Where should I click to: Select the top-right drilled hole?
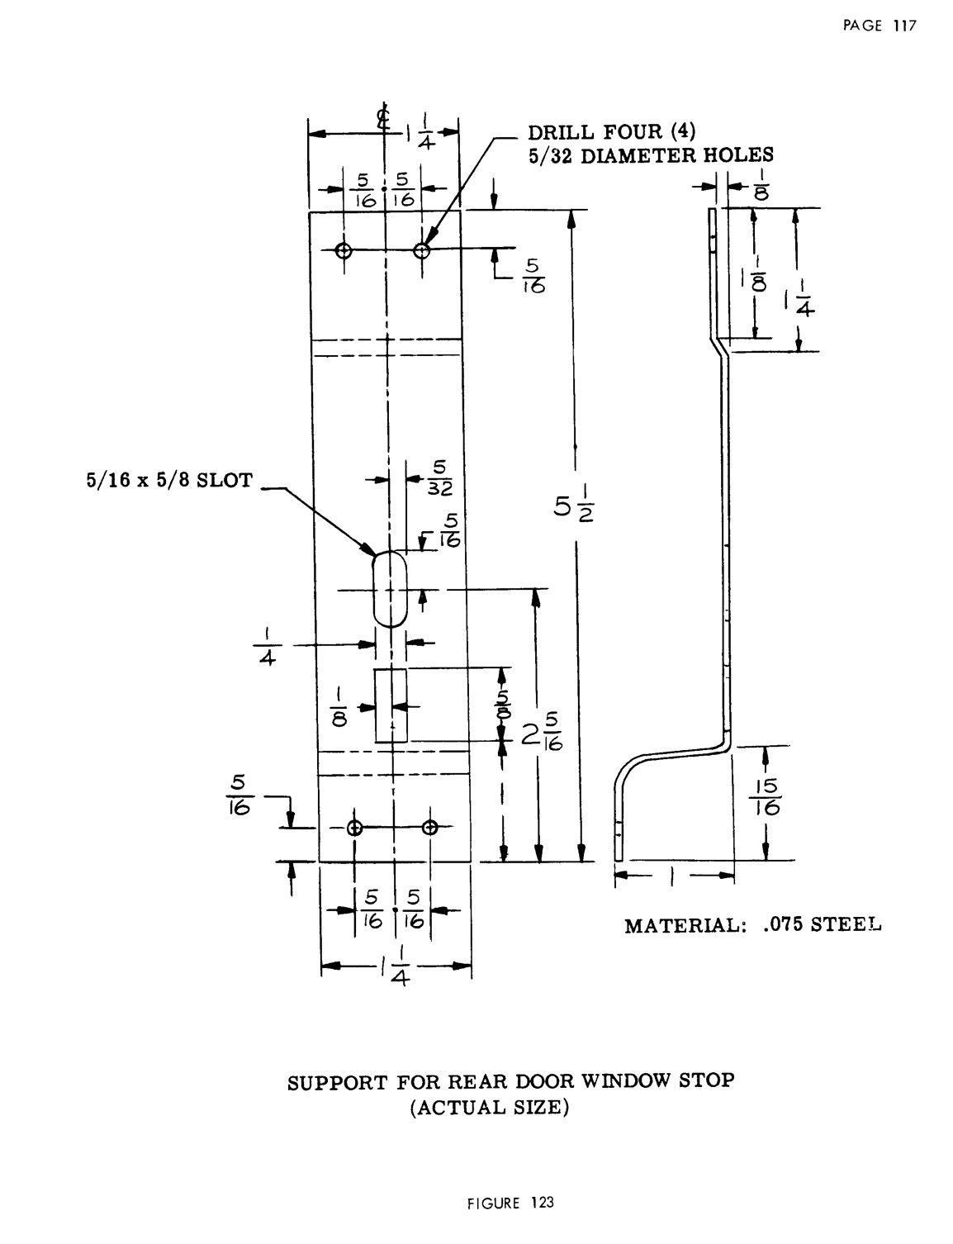tap(422, 250)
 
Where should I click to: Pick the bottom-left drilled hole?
tap(355, 828)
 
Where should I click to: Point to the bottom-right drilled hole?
tap(429, 828)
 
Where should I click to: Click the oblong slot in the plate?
tap(390, 589)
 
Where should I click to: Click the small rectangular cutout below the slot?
tap(391, 705)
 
